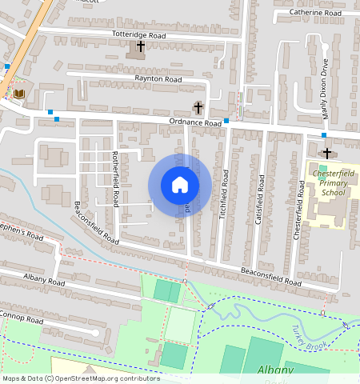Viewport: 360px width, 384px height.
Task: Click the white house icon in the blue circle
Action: click(180, 185)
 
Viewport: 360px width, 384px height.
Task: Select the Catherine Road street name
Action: click(316, 13)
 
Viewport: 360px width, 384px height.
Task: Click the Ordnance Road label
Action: click(194, 123)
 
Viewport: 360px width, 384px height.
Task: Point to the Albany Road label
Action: click(44, 282)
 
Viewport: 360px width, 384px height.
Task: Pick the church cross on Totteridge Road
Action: click(141, 46)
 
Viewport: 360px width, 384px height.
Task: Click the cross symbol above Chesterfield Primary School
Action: click(326, 152)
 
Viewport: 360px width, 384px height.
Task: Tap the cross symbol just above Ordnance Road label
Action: click(198, 108)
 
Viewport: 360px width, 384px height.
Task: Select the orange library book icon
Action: click(20, 94)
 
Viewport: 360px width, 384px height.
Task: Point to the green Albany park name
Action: click(276, 370)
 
